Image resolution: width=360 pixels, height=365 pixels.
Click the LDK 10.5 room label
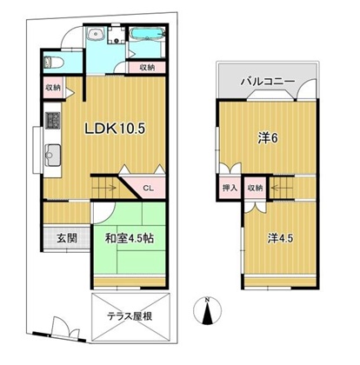point(115,129)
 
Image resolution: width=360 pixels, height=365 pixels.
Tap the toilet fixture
point(53,63)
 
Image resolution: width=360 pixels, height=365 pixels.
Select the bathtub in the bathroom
point(147,33)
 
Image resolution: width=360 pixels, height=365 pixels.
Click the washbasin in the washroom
point(97,34)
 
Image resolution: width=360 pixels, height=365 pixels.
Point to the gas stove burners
point(52,120)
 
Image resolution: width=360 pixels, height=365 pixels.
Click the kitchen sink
point(52,155)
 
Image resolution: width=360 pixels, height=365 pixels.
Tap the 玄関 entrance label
point(67,238)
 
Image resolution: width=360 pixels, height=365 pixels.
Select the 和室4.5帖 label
point(130,238)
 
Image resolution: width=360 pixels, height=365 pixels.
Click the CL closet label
point(148,188)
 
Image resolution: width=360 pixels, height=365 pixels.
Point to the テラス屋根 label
point(130,316)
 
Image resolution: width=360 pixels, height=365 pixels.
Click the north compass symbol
point(207,311)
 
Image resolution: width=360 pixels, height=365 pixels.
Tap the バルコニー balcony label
point(268,82)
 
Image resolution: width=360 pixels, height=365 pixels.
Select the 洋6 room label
point(268,138)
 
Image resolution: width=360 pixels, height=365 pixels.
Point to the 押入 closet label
point(230,188)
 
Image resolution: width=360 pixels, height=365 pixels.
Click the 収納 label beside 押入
point(255,188)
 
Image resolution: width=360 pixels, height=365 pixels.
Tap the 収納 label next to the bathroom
point(147,68)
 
